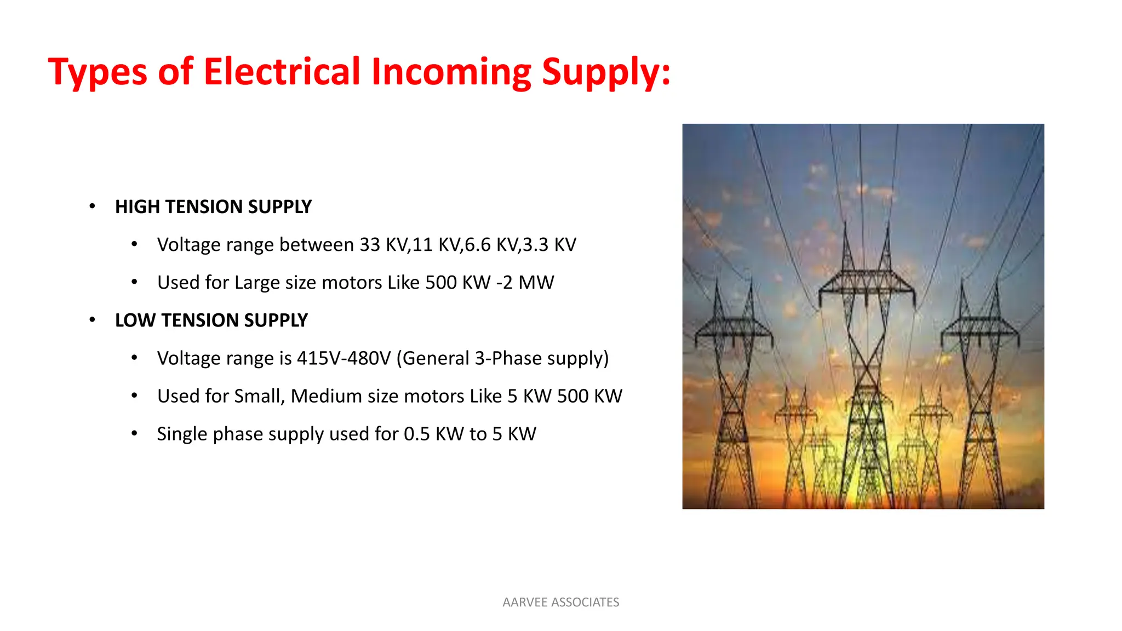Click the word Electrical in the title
[x=282, y=72]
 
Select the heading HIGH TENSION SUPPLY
[x=213, y=207]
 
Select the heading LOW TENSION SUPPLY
[x=211, y=320]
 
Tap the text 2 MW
[x=528, y=283]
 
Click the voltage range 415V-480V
[x=344, y=358]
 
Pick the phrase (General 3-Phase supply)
[x=502, y=358]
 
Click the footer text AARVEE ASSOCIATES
[x=560, y=603]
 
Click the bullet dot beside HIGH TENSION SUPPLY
[x=92, y=206]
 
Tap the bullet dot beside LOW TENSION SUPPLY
[x=92, y=320]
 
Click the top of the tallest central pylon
[x=866, y=230]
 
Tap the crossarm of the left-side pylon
[x=733, y=329]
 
